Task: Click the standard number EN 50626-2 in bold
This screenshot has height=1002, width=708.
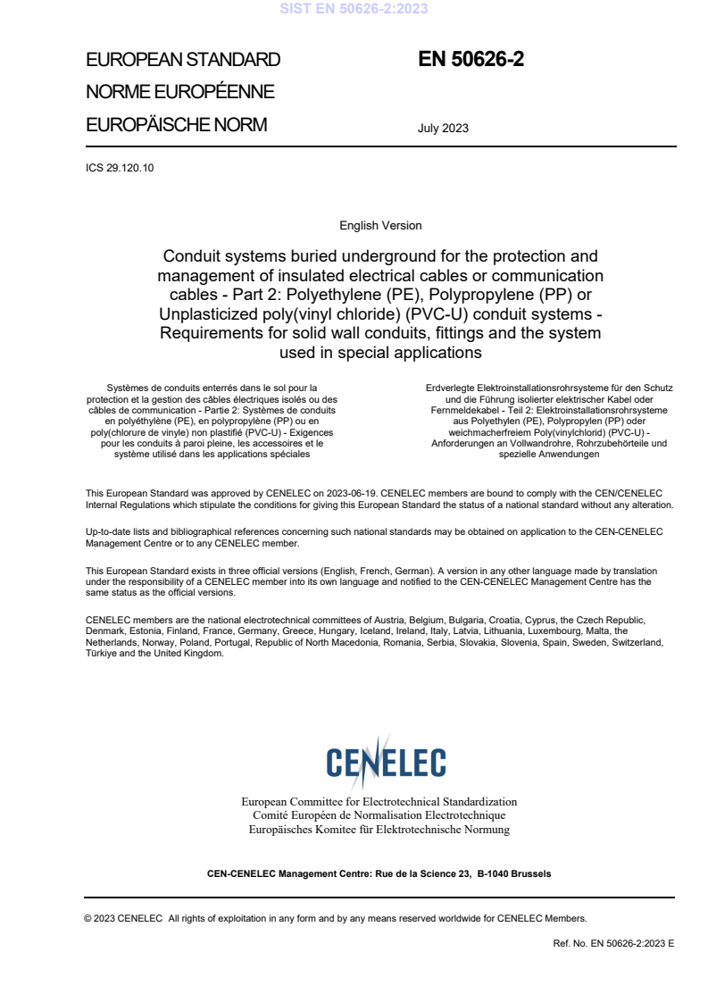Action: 471,60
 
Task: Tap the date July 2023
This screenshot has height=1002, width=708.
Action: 443,128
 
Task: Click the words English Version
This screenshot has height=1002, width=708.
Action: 380,226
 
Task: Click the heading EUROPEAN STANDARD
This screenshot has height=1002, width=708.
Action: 183,60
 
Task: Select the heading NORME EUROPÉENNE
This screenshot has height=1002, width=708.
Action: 179,92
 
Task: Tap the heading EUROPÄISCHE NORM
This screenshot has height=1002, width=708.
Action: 176,125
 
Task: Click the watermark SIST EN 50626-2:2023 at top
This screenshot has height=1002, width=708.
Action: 354,9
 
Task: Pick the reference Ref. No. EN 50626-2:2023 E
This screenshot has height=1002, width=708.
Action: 614,942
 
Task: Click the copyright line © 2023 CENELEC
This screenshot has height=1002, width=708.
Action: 124,917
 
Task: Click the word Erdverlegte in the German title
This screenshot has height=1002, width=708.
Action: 452,388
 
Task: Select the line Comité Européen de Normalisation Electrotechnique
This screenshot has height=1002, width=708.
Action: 379,815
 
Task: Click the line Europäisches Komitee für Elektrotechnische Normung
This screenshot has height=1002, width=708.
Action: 379,830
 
